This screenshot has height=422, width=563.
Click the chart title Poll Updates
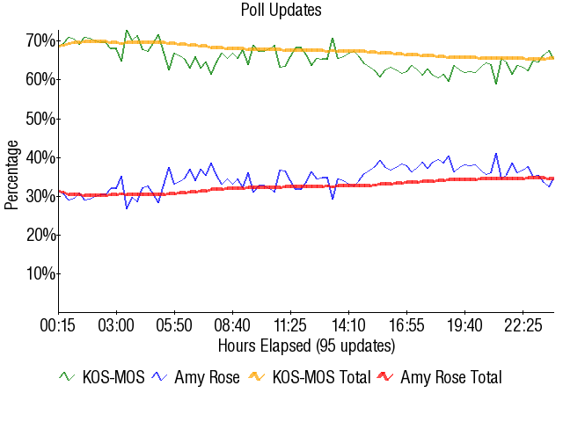(x=281, y=11)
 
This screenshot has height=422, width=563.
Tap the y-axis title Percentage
(x=11, y=176)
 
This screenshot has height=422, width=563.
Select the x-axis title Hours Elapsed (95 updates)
(x=306, y=345)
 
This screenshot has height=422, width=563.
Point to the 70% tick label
(x=41, y=41)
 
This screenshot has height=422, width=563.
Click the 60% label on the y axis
(x=41, y=80)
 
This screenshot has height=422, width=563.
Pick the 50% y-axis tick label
(x=41, y=119)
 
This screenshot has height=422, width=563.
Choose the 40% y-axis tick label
(x=41, y=157)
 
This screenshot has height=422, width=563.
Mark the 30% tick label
(x=41, y=196)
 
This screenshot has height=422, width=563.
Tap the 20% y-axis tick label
(x=41, y=235)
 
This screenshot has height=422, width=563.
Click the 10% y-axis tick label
(x=41, y=273)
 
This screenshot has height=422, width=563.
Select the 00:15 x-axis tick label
(x=59, y=325)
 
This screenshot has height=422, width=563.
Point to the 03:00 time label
(x=117, y=325)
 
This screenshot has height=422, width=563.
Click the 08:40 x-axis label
(x=232, y=325)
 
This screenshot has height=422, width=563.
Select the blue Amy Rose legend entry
(x=195, y=378)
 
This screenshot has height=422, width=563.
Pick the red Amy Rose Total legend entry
(x=439, y=378)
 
